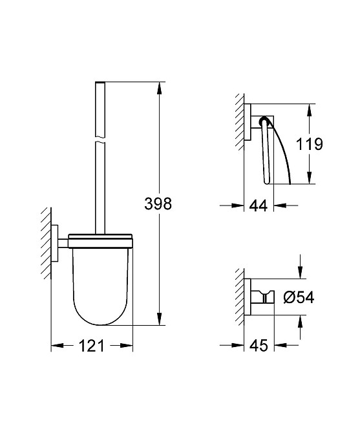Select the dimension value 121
click(92, 346)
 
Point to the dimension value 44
click(258, 206)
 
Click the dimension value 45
click(258, 346)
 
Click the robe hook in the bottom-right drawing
click(262, 295)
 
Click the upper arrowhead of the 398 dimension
click(158, 87)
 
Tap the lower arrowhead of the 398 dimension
click(158, 320)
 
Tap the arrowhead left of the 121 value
click(56, 346)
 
